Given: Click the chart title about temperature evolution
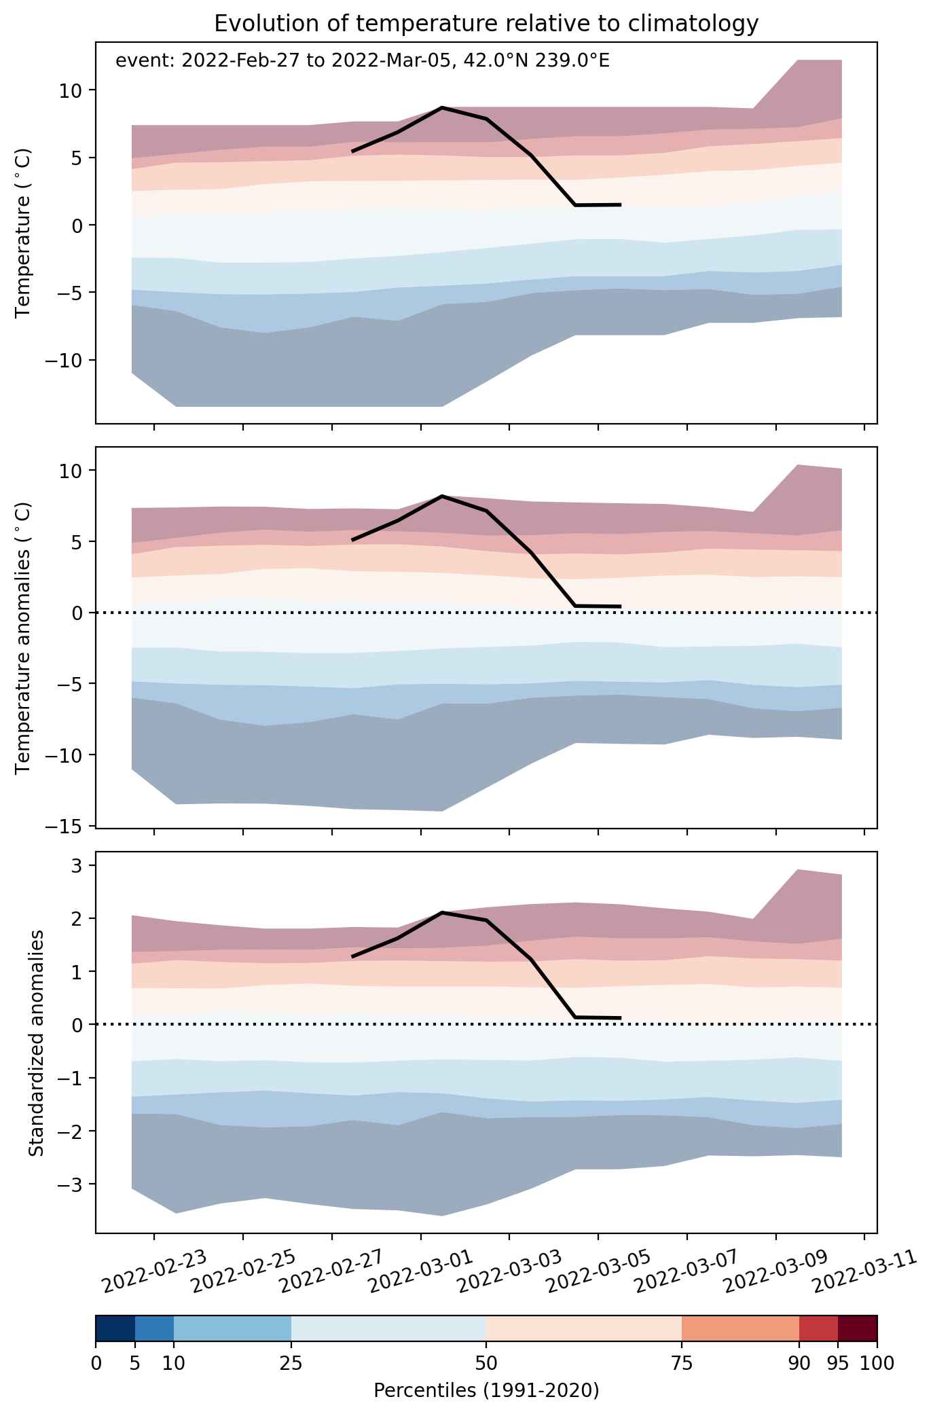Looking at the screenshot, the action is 486,23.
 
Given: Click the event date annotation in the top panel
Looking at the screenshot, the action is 363,61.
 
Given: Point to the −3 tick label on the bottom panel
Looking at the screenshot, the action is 71,1184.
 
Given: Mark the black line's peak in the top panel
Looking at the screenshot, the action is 441,107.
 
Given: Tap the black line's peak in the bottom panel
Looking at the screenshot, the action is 442,912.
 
